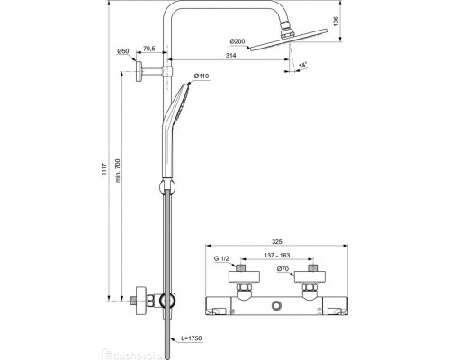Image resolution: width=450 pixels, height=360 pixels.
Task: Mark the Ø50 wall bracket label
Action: click(x=122, y=51)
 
